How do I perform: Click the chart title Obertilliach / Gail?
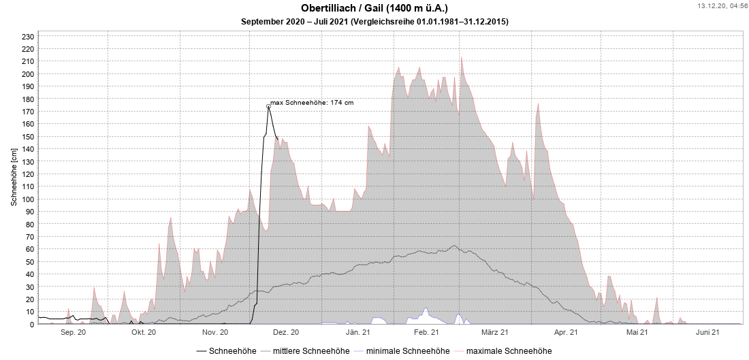pos(374,8)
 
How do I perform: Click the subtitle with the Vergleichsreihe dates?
pos(374,22)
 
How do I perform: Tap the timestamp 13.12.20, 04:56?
pos(721,5)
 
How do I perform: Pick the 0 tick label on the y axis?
pos(31,325)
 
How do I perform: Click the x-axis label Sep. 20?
pos(73,333)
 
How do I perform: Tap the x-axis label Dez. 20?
pos(285,333)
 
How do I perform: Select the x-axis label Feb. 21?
pos(426,333)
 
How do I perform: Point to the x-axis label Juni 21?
pos(708,333)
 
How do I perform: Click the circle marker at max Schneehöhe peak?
pos(268,106)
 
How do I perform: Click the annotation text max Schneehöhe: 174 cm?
pos(312,103)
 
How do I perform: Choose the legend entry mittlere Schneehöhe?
pos(306,351)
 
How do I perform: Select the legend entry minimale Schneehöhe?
pos(407,351)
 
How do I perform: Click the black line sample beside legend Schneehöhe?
pos(202,351)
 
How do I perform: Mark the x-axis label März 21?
pos(495,333)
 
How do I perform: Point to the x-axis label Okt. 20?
pos(144,333)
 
